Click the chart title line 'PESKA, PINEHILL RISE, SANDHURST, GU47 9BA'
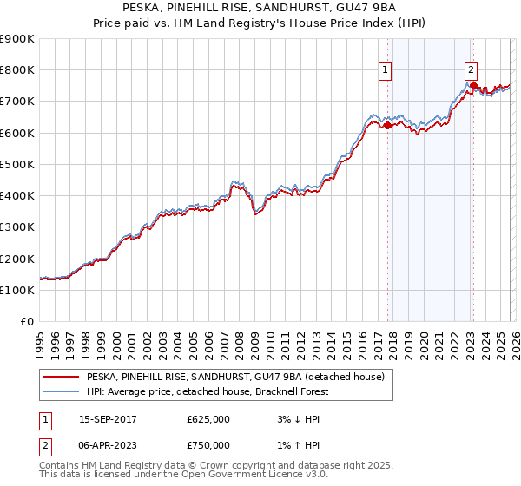click(x=260, y=8)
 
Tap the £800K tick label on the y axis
click(x=17, y=70)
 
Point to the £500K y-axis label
click(x=17, y=164)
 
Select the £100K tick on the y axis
click(x=17, y=290)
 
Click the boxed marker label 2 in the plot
click(x=470, y=71)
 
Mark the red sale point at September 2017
click(x=387, y=125)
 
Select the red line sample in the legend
click(x=63, y=377)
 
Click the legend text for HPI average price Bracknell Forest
click(x=202, y=391)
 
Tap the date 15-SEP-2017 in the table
click(x=109, y=420)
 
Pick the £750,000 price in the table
click(x=208, y=444)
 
